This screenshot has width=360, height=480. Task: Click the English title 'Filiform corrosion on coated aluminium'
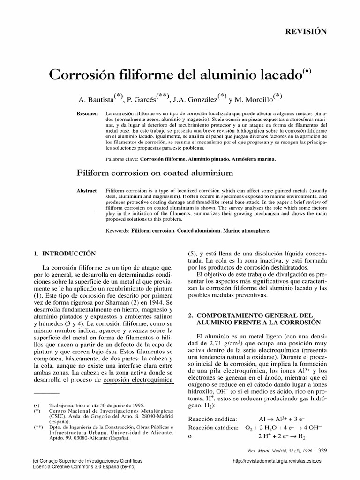[x=155, y=173]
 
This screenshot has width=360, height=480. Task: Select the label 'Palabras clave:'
[x=120, y=159]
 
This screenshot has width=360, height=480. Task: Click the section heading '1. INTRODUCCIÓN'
[x=64, y=254]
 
